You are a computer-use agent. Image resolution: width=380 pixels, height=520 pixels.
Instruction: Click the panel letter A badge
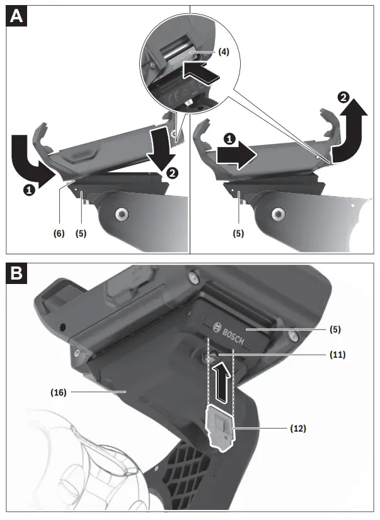(16, 15)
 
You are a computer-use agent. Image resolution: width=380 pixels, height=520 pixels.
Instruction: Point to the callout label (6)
(59, 232)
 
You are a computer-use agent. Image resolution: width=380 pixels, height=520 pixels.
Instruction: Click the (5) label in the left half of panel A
(81, 232)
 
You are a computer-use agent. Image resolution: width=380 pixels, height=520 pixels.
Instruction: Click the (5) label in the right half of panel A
(238, 232)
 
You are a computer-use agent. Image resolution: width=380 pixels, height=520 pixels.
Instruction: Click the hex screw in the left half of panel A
(119, 215)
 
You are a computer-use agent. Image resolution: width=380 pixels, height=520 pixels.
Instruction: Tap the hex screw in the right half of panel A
(275, 215)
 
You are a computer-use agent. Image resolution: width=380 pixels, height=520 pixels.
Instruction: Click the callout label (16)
(59, 392)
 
